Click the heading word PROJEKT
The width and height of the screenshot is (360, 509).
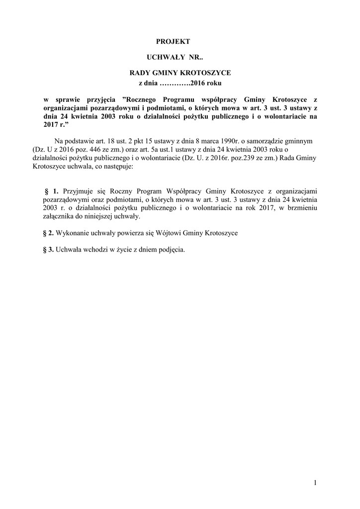point(177,42)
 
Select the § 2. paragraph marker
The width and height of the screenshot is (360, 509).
point(49,233)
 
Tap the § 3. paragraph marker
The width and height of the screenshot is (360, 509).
point(49,250)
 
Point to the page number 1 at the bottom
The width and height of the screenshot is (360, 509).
point(315,482)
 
